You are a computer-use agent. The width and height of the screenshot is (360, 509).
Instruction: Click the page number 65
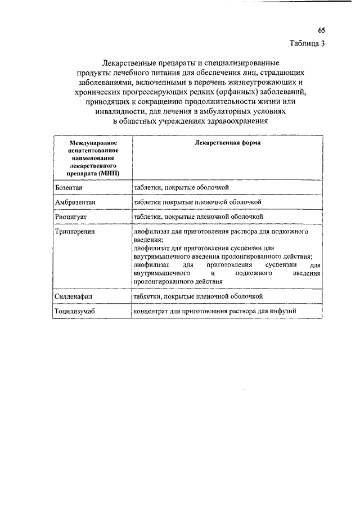tap(321, 30)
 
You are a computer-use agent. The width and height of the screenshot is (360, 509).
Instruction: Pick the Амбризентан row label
tap(76, 202)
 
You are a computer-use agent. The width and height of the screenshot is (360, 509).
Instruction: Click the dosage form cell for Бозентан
tap(181, 187)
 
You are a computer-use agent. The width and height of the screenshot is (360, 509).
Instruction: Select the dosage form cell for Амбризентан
tap(197, 202)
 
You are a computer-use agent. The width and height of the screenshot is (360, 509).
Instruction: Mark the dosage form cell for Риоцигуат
tap(199, 217)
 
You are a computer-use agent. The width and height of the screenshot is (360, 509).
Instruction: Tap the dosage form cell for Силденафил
tap(199, 296)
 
